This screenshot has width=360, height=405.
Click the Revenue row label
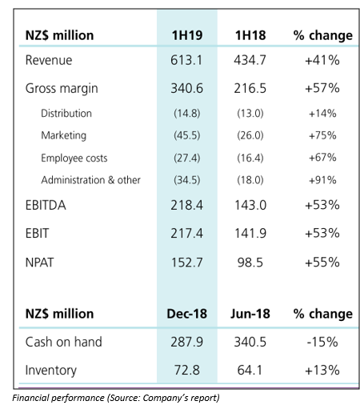tap(49, 60)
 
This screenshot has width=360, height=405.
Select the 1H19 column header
tap(187, 35)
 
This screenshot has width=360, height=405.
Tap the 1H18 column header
tap(250, 35)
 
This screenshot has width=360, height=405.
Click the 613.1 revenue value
tap(186, 60)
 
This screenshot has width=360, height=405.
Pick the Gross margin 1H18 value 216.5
tap(250, 88)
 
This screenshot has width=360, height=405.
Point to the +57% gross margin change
tap(322, 88)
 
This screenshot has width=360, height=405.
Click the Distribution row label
tap(66, 114)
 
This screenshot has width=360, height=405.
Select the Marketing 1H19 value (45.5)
tap(187, 135)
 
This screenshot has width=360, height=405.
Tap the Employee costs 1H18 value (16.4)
tap(250, 158)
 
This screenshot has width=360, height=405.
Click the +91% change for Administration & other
tap(322, 180)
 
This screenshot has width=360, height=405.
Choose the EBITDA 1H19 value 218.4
tap(186, 206)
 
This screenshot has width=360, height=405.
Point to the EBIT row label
tap(37, 234)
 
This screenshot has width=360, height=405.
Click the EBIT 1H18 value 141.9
tap(250, 234)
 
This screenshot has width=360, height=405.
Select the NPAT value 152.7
tap(186, 263)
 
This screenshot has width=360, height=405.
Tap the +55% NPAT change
tap(322, 263)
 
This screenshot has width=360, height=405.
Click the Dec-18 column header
tap(186, 314)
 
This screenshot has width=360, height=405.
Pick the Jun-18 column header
tap(250, 314)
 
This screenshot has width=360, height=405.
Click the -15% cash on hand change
tap(322, 342)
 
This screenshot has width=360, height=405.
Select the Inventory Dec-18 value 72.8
tap(187, 371)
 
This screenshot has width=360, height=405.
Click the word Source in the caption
tap(124, 398)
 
